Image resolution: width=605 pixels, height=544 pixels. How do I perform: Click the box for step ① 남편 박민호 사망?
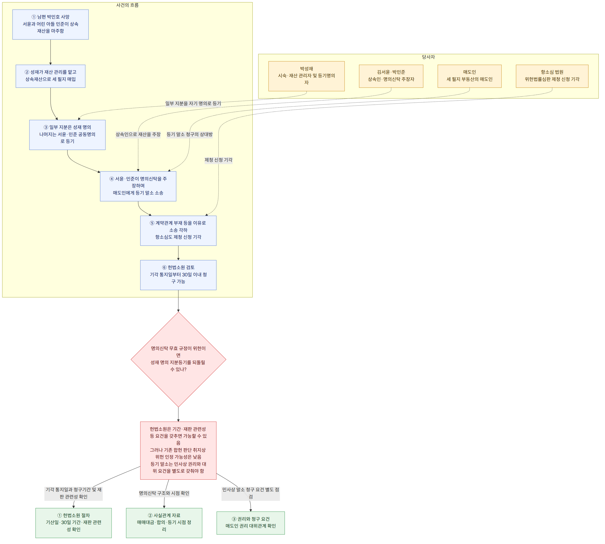pyautogui.click(x=51, y=25)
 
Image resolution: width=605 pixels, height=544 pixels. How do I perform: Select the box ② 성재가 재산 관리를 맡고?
pyautogui.click(x=51, y=76)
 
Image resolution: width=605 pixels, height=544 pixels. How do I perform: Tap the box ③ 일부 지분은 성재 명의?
pyautogui.click(x=67, y=135)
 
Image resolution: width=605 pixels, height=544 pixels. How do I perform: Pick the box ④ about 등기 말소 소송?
pyautogui.click(x=138, y=186)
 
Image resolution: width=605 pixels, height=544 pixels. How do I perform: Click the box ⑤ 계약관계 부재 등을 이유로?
pyautogui.click(x=178, y=231)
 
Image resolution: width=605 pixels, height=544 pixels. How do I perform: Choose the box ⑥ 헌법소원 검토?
pyautogui.click(x=178, y=275)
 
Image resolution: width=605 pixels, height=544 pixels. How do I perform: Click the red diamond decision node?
pyautogui.click(x=178, y=360)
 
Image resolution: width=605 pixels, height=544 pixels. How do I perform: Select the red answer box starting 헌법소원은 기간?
pyautogui.click(x=178, y=451)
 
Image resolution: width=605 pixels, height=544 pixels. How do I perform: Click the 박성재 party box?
pyautogui.click(x=307, y=76)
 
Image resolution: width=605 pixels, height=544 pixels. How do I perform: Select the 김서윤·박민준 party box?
pyautogui.click(x=391, y=76)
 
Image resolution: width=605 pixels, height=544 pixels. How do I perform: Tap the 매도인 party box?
pyautogui.click(x=470, y=76)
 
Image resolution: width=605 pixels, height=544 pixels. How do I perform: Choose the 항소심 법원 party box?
pyautogui.click(x=552, y=76)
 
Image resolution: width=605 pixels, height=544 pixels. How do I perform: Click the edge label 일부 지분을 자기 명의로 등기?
pyautogui.click(x=193, y=103)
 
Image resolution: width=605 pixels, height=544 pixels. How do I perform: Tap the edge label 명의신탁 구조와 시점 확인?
pyautogui.click(x=164, y=493)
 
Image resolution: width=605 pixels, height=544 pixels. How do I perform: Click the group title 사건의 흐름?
pyautogui.click(x=127, y=5)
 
